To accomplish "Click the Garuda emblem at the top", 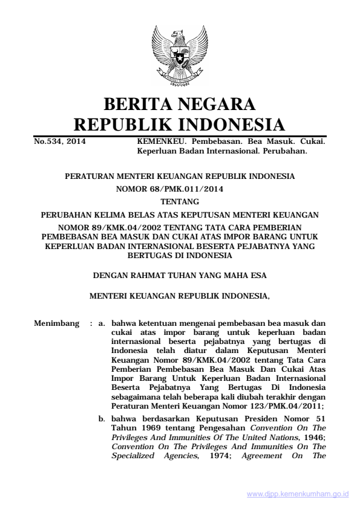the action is point(179,53).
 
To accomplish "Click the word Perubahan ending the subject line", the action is point(290,152).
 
